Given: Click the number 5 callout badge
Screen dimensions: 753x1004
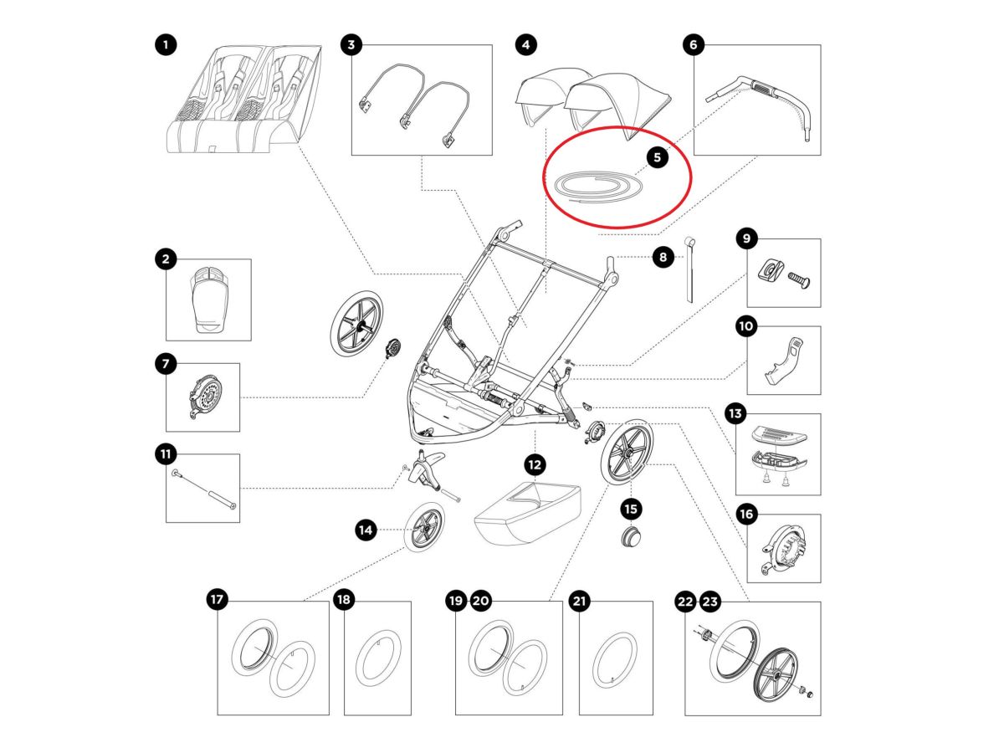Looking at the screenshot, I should point(657,156).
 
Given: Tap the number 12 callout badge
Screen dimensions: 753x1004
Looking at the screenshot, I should point(535,464).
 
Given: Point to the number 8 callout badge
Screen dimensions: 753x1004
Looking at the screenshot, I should point(663,258).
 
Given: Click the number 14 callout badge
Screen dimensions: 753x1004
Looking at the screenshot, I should point(366,529).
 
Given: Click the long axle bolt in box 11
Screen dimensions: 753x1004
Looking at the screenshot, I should point(205,489).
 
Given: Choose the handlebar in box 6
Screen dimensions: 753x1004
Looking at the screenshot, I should point(761,96).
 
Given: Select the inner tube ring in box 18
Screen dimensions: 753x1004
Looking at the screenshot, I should point(376,659).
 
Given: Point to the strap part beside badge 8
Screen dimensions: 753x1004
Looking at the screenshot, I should point(691,272).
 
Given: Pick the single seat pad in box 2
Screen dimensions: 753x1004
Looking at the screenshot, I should point(207,300).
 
